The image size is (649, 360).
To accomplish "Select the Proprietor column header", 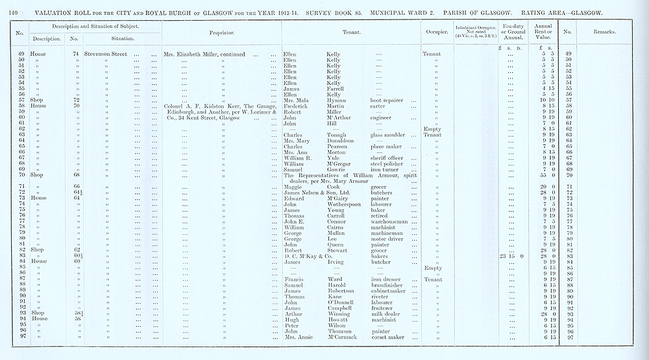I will click(221, 31).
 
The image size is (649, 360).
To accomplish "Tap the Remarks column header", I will click(604, 31).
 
